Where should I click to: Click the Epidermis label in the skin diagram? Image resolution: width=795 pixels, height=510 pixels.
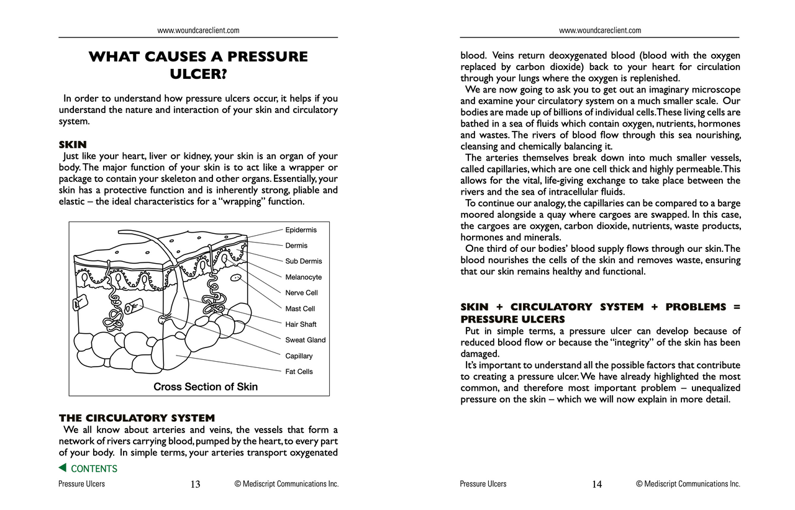301,230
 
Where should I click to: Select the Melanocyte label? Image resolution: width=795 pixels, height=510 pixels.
303,277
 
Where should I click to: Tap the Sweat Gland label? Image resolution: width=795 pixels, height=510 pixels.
305,340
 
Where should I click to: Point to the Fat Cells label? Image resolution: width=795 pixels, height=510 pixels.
299,372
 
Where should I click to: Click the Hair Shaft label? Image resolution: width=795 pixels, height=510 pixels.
301,324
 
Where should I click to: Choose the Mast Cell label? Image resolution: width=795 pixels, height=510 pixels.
300,309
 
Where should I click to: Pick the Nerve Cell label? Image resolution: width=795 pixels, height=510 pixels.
301,293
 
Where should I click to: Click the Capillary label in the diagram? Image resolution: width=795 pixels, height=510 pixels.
299,356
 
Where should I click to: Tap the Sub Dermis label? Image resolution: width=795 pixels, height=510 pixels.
303,261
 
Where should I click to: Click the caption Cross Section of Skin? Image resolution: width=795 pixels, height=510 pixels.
205,387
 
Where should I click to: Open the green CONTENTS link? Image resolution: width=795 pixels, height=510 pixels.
94,469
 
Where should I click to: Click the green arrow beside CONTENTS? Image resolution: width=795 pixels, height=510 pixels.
62,468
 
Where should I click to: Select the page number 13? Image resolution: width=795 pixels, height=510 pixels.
195,485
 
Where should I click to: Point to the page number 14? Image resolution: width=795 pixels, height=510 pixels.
597,485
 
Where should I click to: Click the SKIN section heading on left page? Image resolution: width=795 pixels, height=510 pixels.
72,145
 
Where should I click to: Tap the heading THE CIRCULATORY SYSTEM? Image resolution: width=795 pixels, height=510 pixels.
137,418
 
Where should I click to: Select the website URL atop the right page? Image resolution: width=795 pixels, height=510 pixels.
600,30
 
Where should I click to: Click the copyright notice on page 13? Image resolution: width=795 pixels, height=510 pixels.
286,484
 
